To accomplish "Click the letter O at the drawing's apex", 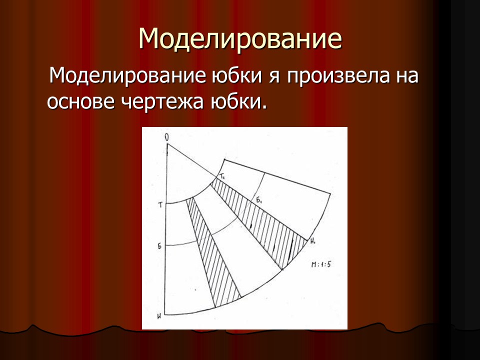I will click(166, 136).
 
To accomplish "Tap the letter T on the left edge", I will click(160, 204).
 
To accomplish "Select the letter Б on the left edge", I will click(160, 246).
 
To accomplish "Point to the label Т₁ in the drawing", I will click(221, 176).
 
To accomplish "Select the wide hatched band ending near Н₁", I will click(265, 220).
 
